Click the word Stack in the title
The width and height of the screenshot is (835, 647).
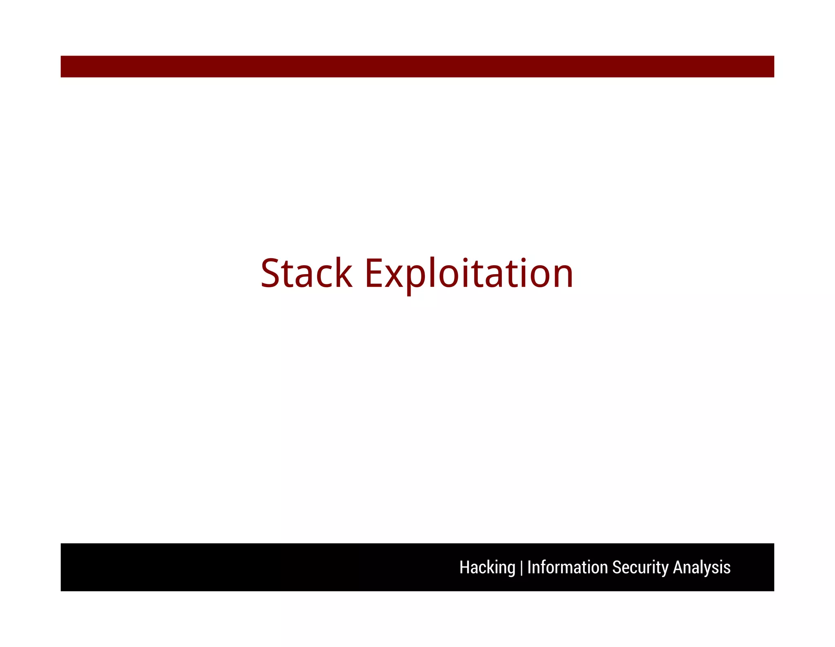click(x=306, y=273)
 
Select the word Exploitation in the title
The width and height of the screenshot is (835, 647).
click(x=469, y=273)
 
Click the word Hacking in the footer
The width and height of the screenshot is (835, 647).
click(x=487, y=567)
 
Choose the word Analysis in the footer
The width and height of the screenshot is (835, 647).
click(x=701, y=567)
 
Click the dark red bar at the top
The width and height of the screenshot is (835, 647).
click(x=417, y=66)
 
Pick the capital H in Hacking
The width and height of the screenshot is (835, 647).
click(x=464, y=567)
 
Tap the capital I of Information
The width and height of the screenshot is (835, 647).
click(x=529, y=567)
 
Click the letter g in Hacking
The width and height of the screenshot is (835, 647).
click(x=511, y=569)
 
